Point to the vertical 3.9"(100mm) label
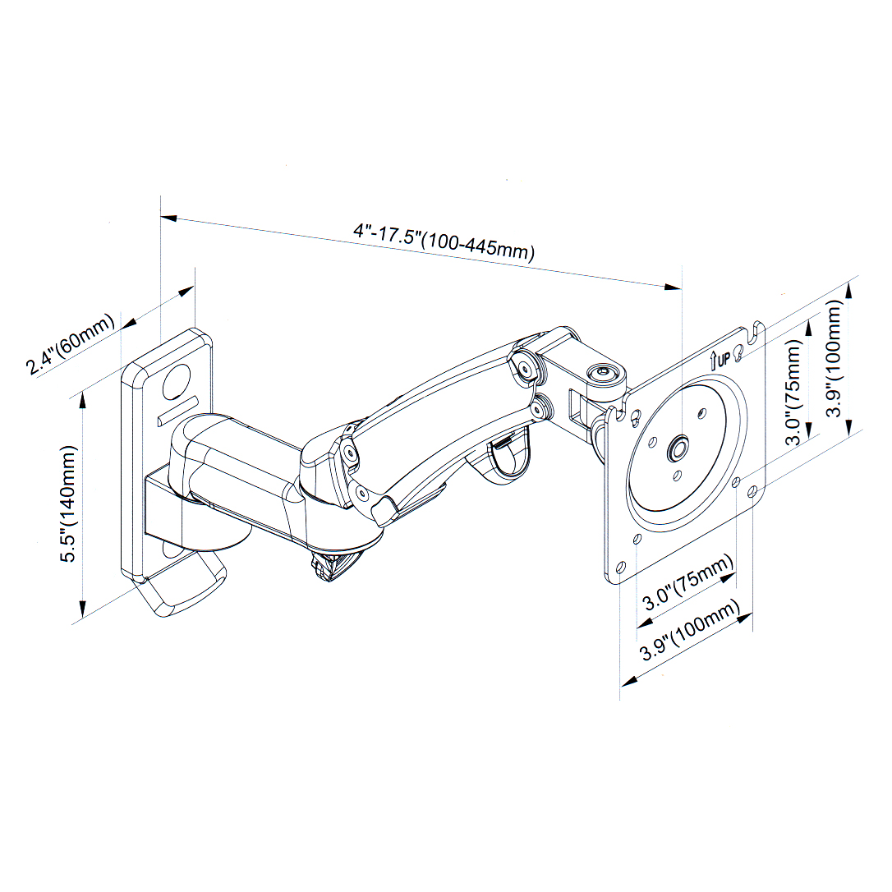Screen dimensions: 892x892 point(835,358)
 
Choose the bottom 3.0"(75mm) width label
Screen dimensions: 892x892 point(687,582)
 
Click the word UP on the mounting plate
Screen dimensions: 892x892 point(723,357)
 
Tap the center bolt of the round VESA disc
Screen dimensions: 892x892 point(678,448)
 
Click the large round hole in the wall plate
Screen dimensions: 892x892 point(177,379)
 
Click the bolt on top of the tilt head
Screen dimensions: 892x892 point(605,373)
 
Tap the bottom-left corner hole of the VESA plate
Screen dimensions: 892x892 point(620,567)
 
